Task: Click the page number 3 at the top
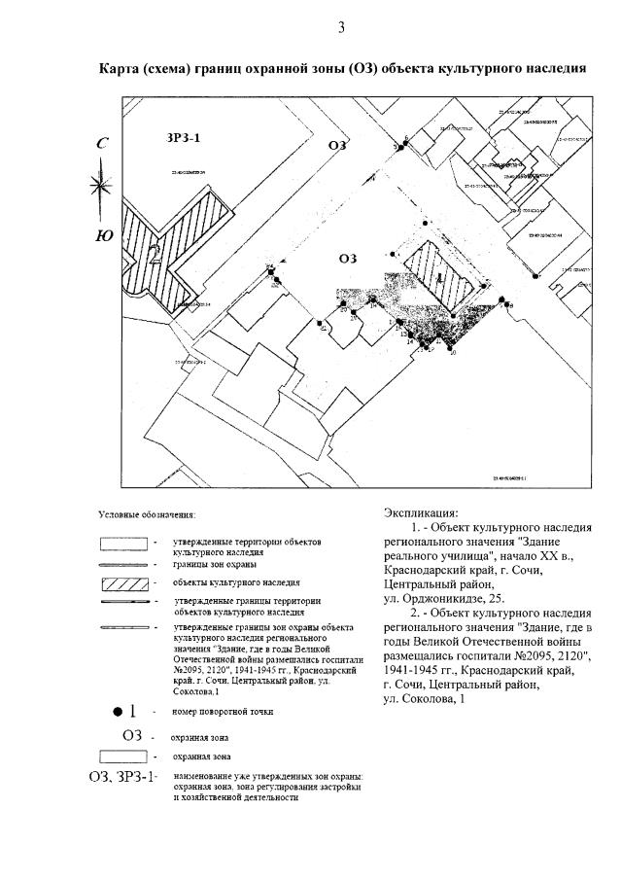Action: point(341,27)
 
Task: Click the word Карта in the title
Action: point(121,69)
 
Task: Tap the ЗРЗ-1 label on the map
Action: point(185,139)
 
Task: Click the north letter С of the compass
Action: point(102,144)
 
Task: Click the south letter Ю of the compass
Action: point(103,234)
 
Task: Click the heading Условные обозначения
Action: point(147,513)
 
